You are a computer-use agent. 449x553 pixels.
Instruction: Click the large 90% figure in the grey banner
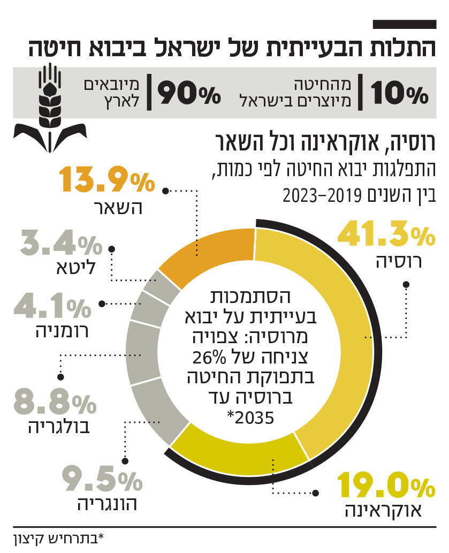coord(189,93)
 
